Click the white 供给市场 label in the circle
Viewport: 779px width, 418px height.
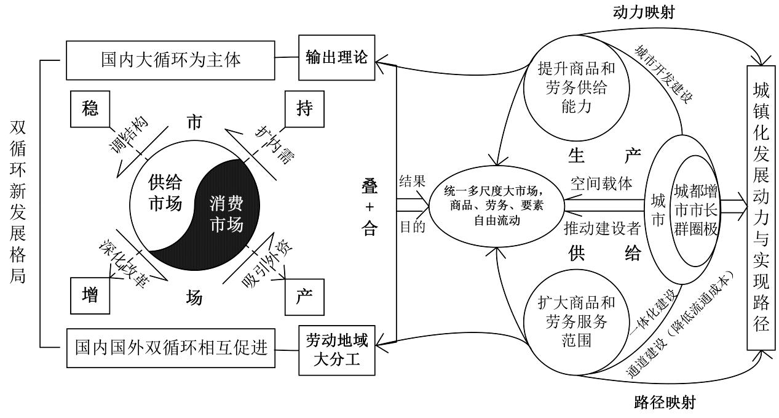coord(165,193)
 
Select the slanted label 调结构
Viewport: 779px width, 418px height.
coord(129,134)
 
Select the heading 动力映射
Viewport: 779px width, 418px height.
coord(644,12)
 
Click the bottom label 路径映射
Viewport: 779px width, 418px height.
coord(665,403)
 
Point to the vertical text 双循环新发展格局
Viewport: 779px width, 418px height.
coord(18,203)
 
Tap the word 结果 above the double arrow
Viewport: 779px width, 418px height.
coord(413,181)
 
